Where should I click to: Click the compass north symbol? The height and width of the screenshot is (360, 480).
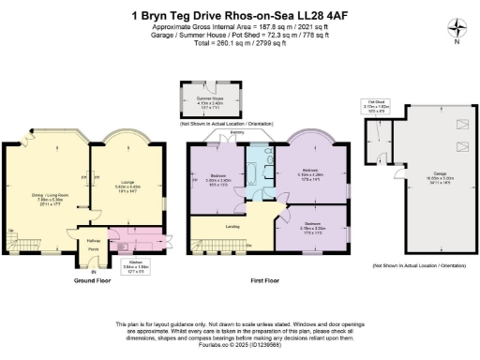click(455, 28)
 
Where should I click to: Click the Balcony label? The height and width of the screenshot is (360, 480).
click(238, 132)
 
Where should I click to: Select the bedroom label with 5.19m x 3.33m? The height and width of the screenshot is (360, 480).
click(313, 224)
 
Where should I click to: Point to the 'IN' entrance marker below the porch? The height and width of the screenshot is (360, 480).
click(93, 271)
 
